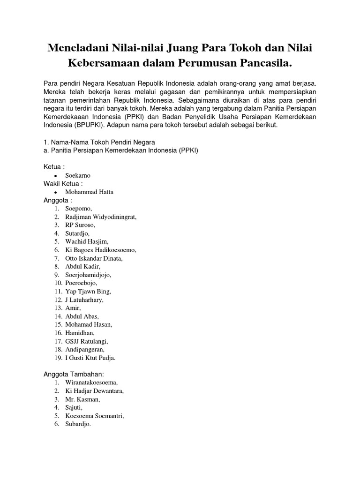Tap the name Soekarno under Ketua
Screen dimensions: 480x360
(x=78, y=175)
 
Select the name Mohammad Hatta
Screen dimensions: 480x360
(x=89, y=192)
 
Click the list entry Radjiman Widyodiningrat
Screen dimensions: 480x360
(x=101, y=217)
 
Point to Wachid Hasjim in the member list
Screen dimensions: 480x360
(x=87, y=241)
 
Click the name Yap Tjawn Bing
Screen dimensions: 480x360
(x=88, y=291)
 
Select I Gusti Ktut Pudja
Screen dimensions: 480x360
(x=90, y=358)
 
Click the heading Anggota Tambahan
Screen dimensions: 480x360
(x=73, y=374)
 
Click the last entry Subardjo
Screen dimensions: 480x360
(x=78, y=424)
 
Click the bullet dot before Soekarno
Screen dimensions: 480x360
(x=56, y=176)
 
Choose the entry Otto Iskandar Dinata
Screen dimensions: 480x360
(x=94, y=258)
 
